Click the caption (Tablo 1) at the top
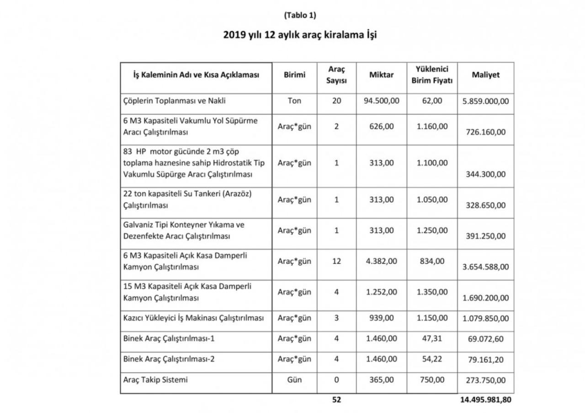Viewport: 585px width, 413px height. (x=300, y=15)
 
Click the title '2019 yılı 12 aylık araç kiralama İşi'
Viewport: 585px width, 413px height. (x=300, y=35)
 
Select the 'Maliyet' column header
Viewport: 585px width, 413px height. (x=485, y=75)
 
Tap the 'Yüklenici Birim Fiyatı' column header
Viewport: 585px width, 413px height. (x=432, y=75)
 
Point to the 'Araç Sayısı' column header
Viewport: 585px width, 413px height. (x=336, y=75)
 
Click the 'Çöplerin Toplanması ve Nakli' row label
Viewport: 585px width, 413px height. (x=175, y=101)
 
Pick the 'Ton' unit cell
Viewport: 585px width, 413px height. (x=294, y=101)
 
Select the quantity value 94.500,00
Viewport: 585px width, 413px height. (x=382, y=101)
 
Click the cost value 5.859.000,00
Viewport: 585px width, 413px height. (x=485, y=101)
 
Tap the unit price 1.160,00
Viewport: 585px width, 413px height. (x=432, y=126)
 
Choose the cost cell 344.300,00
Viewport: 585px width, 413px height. (x=485, y=174)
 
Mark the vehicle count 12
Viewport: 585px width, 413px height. (x=336, y=261)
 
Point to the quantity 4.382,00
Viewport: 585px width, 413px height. (x=382, y=261)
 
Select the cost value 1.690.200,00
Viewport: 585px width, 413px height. (x=485, y=298)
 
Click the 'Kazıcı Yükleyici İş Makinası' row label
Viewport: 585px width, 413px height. (x=194, y=318)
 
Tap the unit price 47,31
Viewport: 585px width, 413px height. (x=432, y=338)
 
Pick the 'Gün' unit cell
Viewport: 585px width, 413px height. (x=294, y=380)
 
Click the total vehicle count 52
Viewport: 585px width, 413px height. (x=336, y=400)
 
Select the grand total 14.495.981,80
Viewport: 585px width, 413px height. (x=484, y=400)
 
